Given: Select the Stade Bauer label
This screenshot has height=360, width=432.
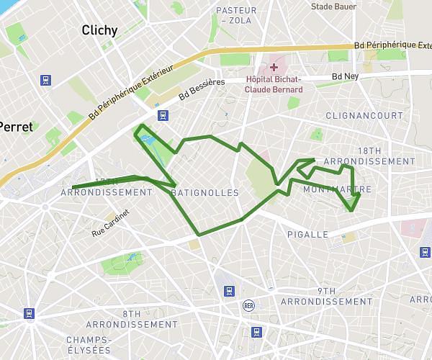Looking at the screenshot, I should [333, 6].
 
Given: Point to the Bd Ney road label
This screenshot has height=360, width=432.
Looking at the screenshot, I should [346, 76].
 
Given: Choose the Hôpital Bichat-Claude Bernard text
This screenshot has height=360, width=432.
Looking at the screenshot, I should [274, 85].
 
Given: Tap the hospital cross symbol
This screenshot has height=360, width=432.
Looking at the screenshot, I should [274, 67].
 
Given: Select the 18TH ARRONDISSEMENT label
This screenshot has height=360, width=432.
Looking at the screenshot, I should [369, 156].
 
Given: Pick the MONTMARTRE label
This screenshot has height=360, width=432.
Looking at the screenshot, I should [338, 190].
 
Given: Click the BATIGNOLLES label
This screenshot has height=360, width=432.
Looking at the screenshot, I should [205, 193].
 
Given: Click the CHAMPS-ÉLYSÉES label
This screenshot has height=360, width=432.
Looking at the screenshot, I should [89, 344].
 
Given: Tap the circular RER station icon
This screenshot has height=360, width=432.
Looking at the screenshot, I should [248, 305].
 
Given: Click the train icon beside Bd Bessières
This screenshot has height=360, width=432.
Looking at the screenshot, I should [164, 114].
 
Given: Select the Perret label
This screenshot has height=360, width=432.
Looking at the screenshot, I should [16, 127].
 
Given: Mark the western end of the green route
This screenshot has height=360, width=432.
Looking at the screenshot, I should [73, 187].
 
